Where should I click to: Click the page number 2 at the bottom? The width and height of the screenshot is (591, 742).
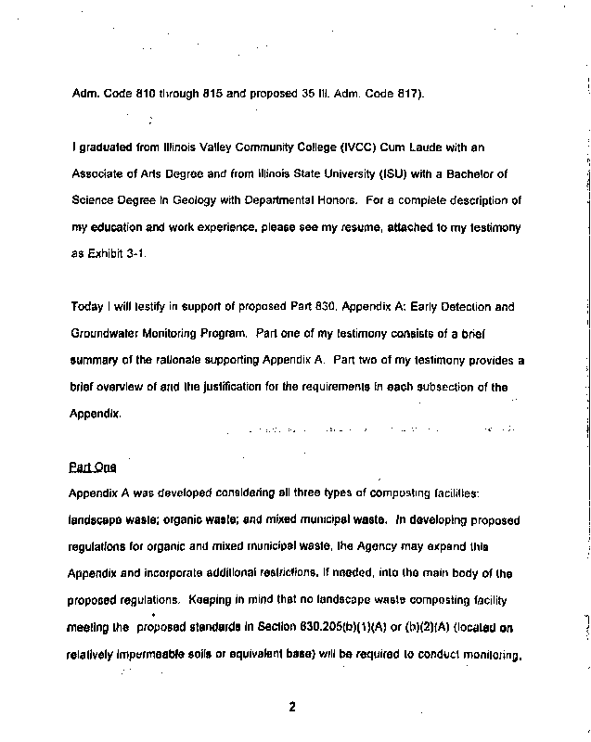coord(291,707)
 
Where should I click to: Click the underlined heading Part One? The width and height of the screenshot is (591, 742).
coord(89,467)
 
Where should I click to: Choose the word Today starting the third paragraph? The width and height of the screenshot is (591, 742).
coord(88,307)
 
